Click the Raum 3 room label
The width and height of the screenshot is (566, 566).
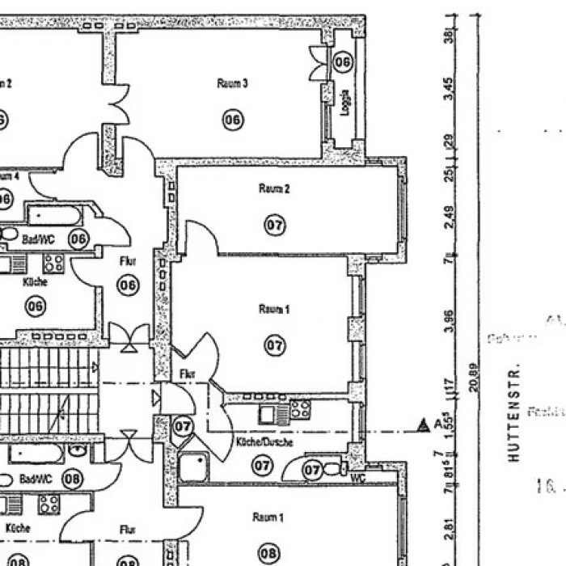(x=232, y=83)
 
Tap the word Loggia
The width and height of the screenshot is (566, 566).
(x=344, y=103)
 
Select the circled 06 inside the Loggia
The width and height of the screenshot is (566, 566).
(x=344, y=61)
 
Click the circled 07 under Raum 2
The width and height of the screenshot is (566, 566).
(x=275, y=225)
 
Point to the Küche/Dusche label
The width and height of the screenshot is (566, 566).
(x=259, y=443)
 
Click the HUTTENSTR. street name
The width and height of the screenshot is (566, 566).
(x=513, y=412)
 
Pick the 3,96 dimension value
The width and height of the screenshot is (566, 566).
(x=450, y=321)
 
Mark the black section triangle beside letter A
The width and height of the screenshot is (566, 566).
(x=421, y=424)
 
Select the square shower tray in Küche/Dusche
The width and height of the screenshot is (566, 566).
(x=193, y=467)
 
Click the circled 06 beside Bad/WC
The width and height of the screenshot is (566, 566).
(x=78, y=239)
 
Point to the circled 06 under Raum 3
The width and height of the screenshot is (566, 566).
(x=233, y=120)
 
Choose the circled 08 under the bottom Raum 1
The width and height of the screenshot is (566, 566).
(x=269, y=554)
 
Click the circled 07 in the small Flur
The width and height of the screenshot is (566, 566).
(x=184, y=424)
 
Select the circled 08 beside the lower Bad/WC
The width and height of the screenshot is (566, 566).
(x=72, y=479)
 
